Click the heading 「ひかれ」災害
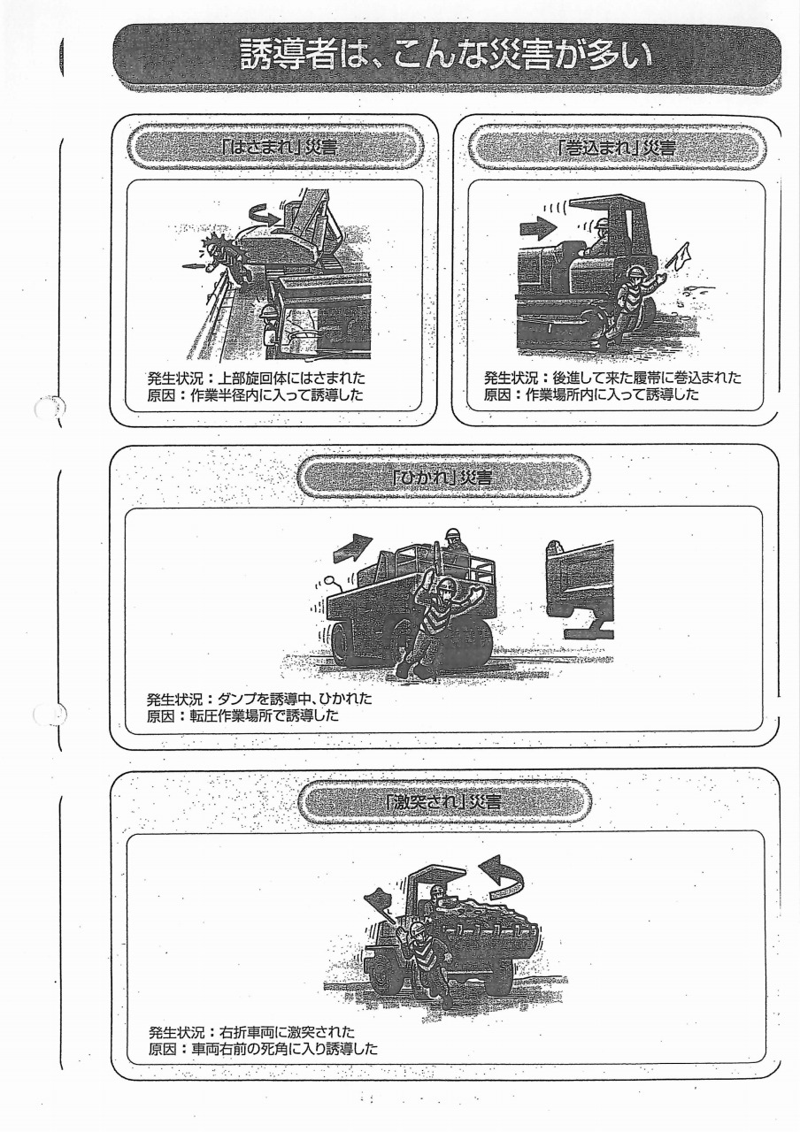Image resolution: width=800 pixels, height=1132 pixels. [x=443, y=477]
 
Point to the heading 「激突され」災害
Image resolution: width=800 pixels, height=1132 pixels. [x=443, y=801]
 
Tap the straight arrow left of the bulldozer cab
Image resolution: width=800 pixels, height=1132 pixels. [x=538, y=228]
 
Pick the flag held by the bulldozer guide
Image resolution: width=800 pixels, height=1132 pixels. [x=679, y=255]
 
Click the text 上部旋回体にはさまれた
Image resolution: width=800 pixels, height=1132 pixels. [x=293, y=378]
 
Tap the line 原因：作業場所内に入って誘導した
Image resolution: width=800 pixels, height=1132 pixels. [x=591, y=394]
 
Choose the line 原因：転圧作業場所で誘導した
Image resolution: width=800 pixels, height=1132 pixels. [x=242, y=716]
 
